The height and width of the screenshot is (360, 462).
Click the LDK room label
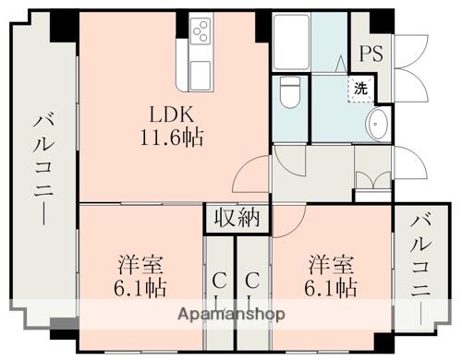172,116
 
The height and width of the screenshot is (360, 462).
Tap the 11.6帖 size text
172,139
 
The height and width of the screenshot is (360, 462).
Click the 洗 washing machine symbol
360,90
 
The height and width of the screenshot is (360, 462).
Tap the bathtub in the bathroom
291,42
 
